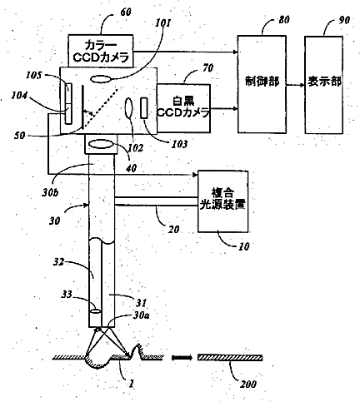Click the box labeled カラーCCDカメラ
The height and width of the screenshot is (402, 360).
pos(100,51)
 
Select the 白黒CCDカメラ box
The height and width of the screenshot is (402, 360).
pos(183,108)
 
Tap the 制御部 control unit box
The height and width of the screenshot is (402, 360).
pos(262,84)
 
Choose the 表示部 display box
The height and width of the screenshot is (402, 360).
pos(323,85)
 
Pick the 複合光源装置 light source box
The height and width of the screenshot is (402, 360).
pos(222,201)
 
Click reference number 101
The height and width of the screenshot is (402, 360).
pos(162,22)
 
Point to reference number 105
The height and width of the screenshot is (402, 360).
pos(34,75)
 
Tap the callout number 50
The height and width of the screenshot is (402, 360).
pos(19,136)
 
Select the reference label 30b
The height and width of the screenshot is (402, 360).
pos(50,192)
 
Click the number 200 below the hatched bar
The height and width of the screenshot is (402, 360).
pos(248,384)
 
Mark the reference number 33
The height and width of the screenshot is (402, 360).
pos(67,295)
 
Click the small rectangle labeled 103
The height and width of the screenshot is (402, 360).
pos(144,108)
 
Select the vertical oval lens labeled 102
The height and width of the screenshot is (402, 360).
pos(129,109)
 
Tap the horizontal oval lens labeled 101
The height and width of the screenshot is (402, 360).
pos(101,79)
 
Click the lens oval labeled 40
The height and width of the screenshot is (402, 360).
pos(101,144)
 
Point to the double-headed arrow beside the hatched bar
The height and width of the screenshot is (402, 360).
pos(182,358)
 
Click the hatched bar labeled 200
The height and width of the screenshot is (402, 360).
pos(230,358)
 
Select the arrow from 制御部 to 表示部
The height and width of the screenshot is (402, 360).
pos(295,85)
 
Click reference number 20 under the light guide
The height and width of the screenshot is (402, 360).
pos(173,229)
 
